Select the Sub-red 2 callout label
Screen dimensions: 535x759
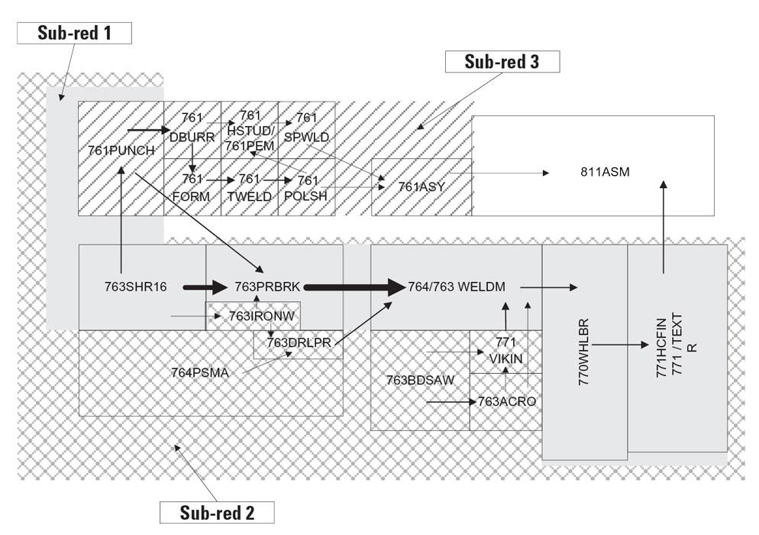[x=216, y=511]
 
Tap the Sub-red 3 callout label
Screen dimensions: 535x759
[x=502, y=62]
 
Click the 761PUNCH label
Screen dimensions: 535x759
[x=121, y=151]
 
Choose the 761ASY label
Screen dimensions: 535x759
[x=421, y=186]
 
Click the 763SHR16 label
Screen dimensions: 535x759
[x=136, y=287]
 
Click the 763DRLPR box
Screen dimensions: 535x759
[x=299, y=342]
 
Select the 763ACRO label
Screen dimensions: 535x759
[x=503, y=400]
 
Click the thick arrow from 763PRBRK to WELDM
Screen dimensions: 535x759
[x=355, y=287]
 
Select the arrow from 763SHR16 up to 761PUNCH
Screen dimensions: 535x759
[x=121, y=206]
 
